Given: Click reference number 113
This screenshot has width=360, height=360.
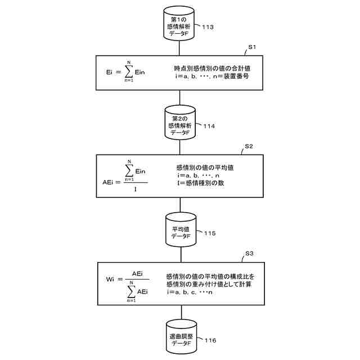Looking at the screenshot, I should [x=208, y=26].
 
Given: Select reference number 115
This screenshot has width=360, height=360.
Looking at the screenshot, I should [x=208, y=233].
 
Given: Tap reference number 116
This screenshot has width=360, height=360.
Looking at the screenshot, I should [x=208, y=340].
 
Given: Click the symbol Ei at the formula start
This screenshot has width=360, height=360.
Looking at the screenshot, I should [x=110, y=73].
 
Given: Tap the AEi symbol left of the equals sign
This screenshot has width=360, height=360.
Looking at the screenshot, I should [x=108, y=183].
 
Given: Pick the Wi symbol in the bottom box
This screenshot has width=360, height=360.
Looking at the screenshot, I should [x=110, y=280].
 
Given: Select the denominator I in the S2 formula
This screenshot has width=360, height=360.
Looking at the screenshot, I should [x=135, y=190].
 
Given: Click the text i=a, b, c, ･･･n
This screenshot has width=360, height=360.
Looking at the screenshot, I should [x=189, y=292].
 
